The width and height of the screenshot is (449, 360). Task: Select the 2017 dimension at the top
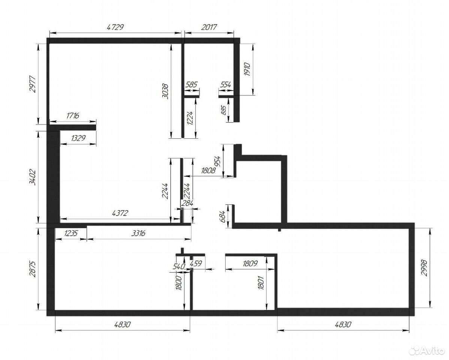click(x=209, y=27)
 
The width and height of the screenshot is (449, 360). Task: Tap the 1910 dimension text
click(x=248, y=69)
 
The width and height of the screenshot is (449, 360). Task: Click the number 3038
click(x=165, y=91)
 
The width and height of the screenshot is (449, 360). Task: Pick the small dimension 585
click(x=192, y=84)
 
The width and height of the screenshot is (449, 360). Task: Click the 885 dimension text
click(x=224, y=110)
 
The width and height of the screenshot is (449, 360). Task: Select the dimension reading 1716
click(x=72, y=116)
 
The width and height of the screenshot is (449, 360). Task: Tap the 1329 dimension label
click(x=78, y=138)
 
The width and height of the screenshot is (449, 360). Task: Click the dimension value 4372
click(x=120, y=213)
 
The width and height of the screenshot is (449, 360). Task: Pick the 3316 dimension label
click(x=138, y=233)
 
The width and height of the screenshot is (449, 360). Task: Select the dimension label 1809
click(x=250, y=263)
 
